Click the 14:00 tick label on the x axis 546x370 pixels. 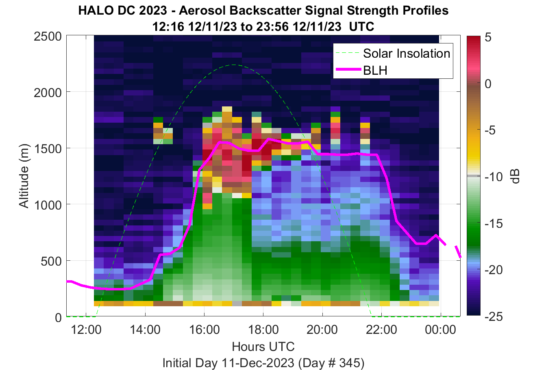click(145, 330)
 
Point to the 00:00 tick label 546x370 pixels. click(440, 330)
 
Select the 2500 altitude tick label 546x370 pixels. click(48, 37)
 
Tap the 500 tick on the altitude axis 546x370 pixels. click(51, 262)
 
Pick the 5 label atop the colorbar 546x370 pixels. click(488, 37)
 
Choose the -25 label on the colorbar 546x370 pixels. click(494, 317)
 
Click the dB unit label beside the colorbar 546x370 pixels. click(515, 176)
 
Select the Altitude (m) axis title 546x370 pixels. click(24, 176)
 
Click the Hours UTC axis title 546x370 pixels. click(263, 346)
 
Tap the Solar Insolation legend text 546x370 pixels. click(407, 53)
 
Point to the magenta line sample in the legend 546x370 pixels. click(348, 70)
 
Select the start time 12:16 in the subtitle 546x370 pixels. click(168, 26)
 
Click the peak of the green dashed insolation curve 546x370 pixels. click(233, 65)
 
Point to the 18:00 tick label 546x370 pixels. click(263, 330)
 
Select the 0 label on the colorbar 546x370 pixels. click(488, 84)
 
